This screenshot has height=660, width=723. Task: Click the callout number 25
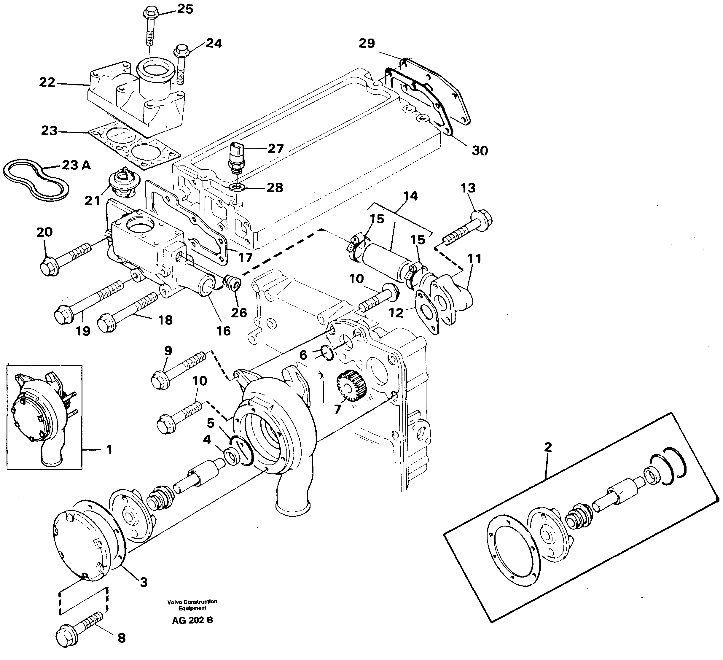click(185, 9)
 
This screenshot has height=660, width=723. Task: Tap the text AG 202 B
click(192, 620)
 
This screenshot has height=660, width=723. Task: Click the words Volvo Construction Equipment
click(192, 605)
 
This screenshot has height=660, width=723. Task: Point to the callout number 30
click(480, 151)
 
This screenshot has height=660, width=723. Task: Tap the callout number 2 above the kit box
click(548, 447)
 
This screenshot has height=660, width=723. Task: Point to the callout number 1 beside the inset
click(109, 449)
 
